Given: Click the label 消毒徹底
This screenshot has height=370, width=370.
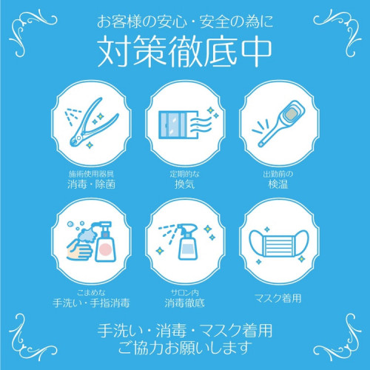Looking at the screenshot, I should click(185, 302).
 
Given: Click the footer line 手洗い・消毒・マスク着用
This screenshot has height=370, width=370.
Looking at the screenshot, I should click(185, 329).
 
